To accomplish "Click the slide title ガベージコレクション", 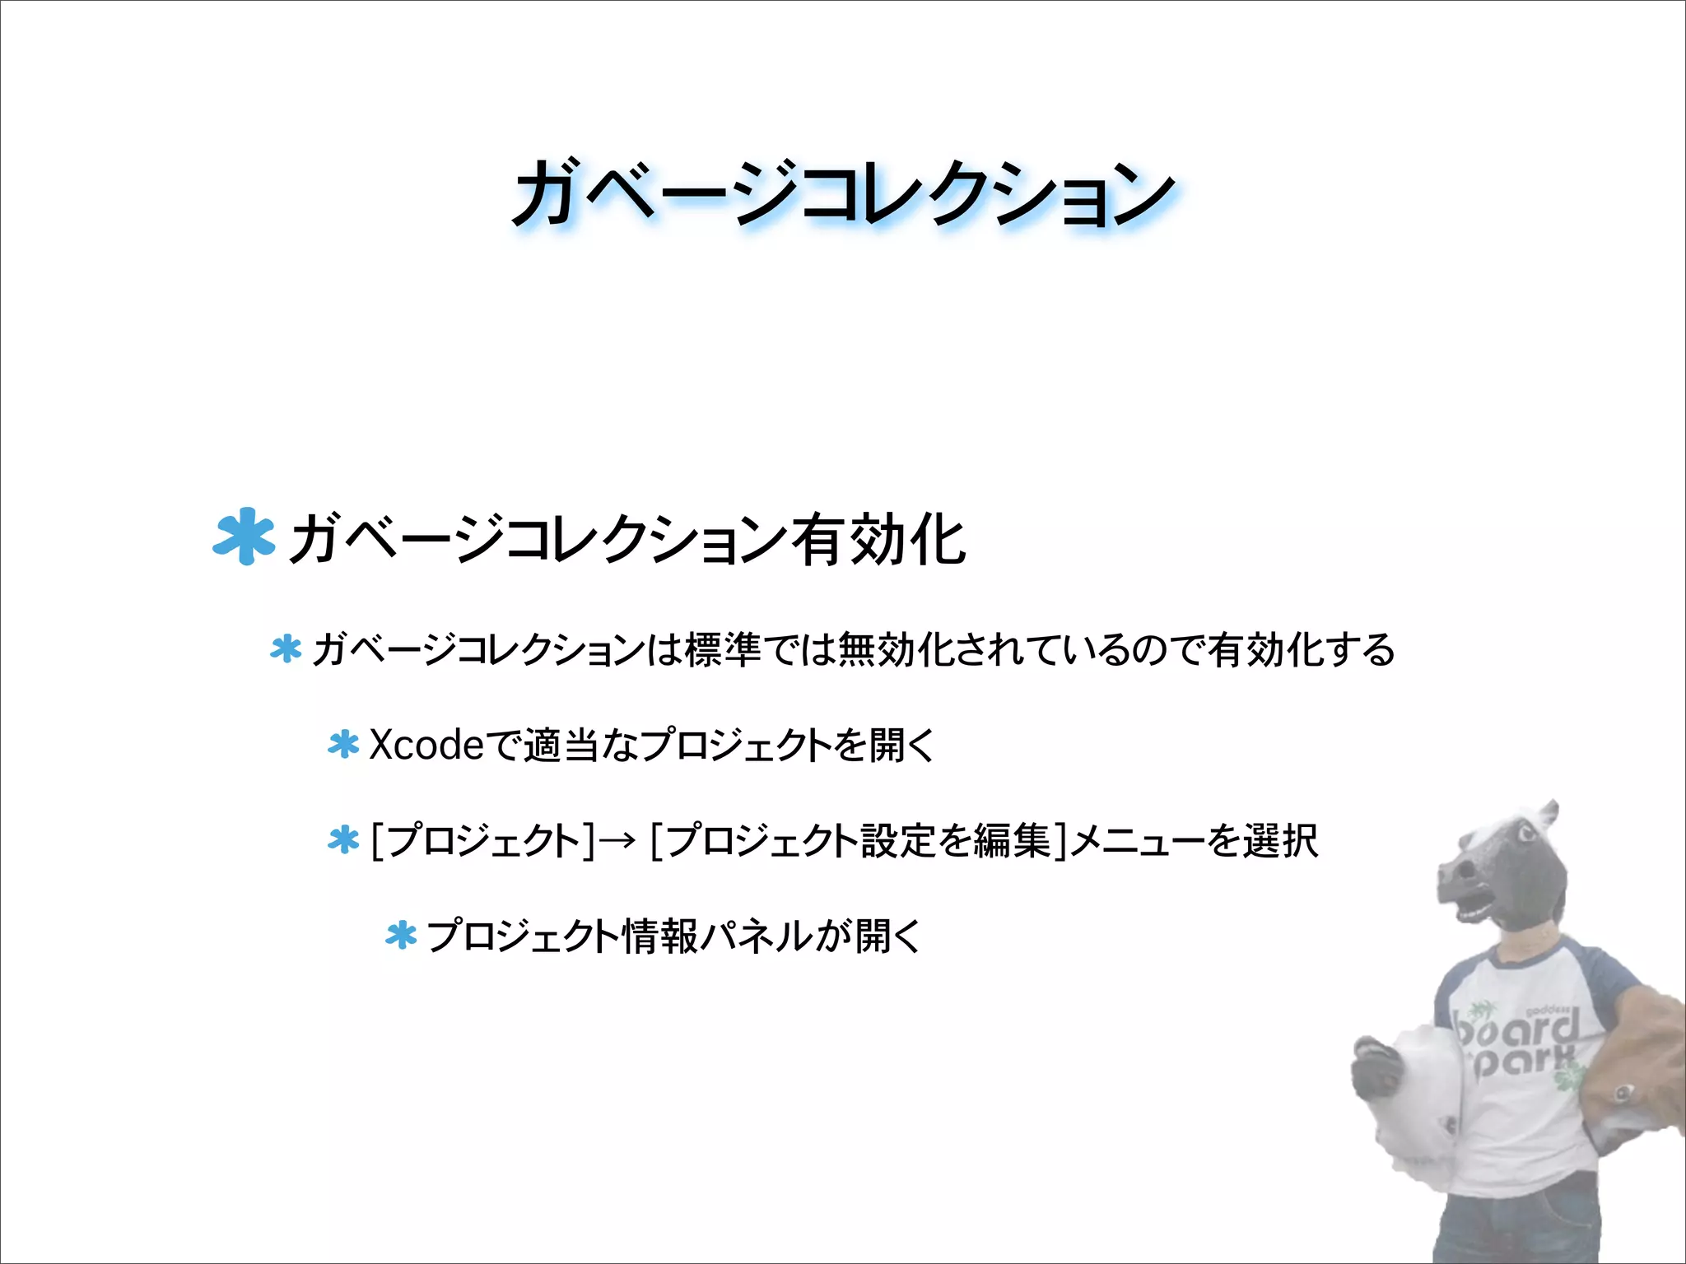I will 843,193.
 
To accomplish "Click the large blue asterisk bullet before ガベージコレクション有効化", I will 243,537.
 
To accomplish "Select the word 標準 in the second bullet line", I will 722,650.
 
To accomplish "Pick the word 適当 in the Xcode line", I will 560,746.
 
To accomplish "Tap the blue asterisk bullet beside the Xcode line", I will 343,745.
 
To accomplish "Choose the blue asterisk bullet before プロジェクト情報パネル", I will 401,936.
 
